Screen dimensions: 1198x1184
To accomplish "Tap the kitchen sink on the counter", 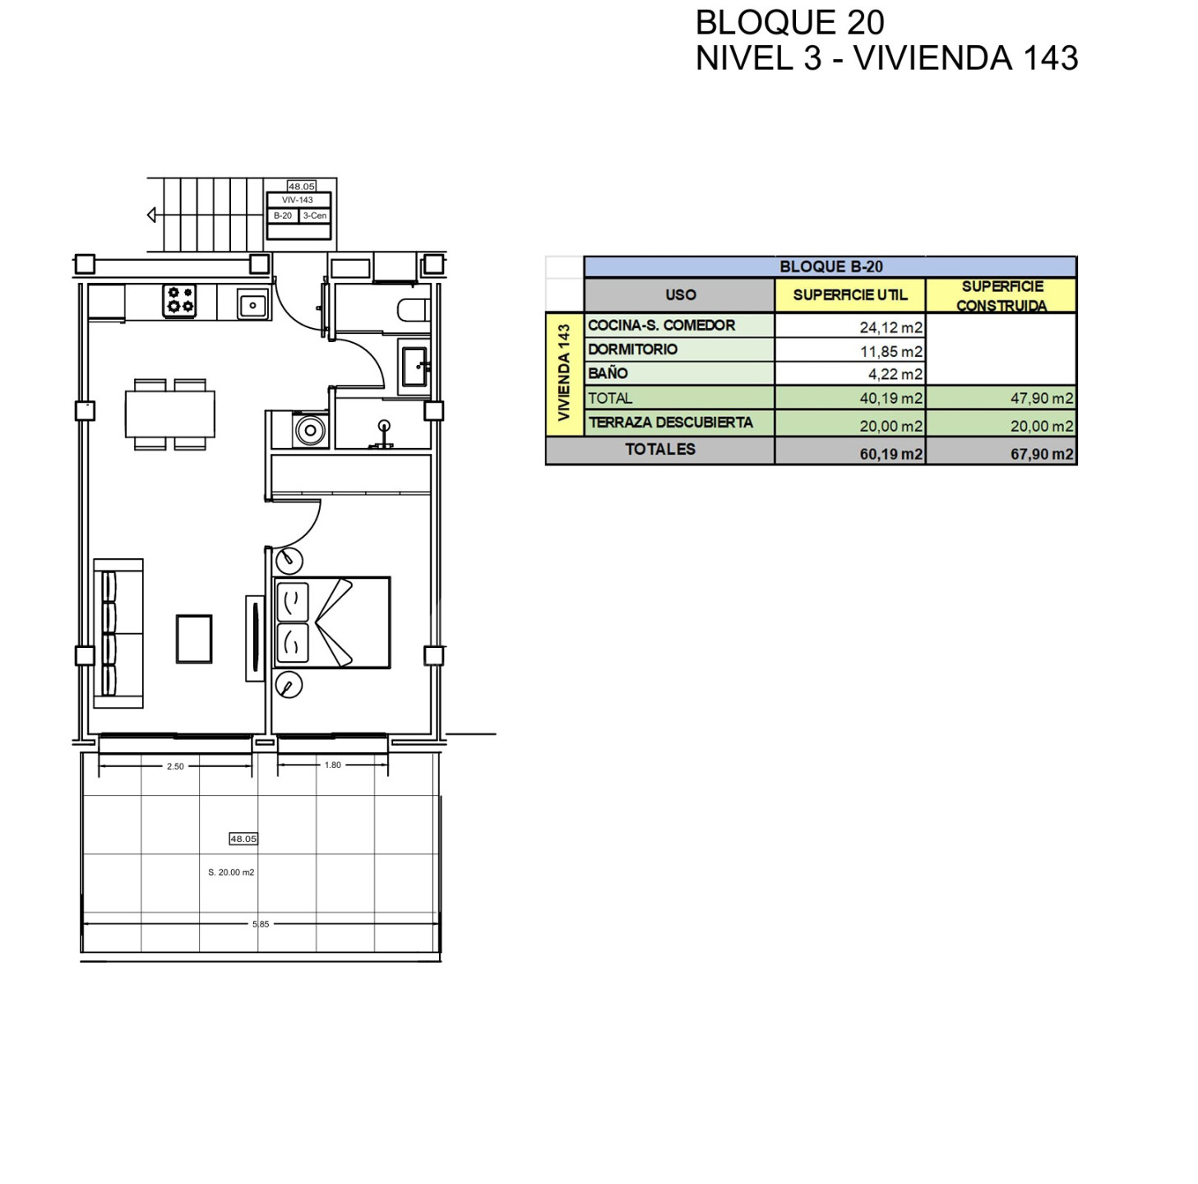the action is (253, 305).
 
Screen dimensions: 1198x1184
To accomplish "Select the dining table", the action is (170, 414).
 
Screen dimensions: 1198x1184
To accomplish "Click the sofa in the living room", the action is (118, 633).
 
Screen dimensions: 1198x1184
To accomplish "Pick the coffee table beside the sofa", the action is (194, 639).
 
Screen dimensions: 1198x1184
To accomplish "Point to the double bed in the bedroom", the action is (332, 622).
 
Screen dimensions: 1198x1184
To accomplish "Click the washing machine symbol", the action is (310, 430).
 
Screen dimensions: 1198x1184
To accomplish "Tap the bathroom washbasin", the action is (414, 366).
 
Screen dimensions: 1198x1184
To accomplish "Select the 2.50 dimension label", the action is (175, 766).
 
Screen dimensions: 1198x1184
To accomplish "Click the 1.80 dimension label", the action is (333, 765).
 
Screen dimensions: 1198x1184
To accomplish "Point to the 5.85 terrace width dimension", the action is (261, 924).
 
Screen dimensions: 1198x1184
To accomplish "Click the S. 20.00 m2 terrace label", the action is (231, 872).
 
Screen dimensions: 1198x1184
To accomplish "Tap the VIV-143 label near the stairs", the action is (297, 201).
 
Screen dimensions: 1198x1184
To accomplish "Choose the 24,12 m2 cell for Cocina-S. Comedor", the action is (890, 327).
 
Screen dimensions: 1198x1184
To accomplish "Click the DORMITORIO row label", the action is (632, 349).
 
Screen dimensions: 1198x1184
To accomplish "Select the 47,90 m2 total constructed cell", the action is (1042, 398).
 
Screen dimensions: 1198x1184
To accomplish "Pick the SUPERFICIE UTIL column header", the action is (850, 294).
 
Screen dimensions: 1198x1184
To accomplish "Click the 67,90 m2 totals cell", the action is (1042, 454).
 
